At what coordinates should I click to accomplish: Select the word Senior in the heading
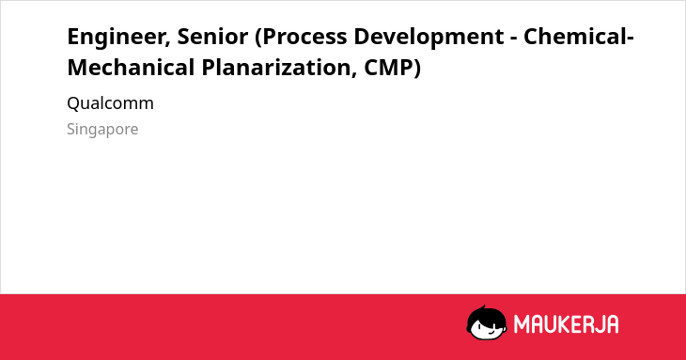point(212,37)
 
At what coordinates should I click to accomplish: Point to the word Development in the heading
point(429,37)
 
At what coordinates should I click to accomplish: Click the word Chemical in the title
point(576,37)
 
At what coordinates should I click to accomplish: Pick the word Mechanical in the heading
point(131,68)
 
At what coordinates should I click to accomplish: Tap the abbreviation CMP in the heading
point(388,68)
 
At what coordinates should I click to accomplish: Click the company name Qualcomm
point(110,103)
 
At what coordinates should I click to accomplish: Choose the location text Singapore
point(102,130)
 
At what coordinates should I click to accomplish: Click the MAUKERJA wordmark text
point(566,324)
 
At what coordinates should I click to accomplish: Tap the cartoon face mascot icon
point(487,322)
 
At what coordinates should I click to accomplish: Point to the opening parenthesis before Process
point(258,38)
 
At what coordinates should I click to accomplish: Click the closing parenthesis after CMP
point(417,69)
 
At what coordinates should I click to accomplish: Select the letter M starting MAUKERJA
point(521,324)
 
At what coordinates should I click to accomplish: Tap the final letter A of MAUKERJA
point(612,324)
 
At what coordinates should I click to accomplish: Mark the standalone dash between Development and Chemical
point(514,39)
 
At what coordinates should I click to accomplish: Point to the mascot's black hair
point(486,314)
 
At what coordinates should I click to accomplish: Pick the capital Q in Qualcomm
point(73,103)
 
